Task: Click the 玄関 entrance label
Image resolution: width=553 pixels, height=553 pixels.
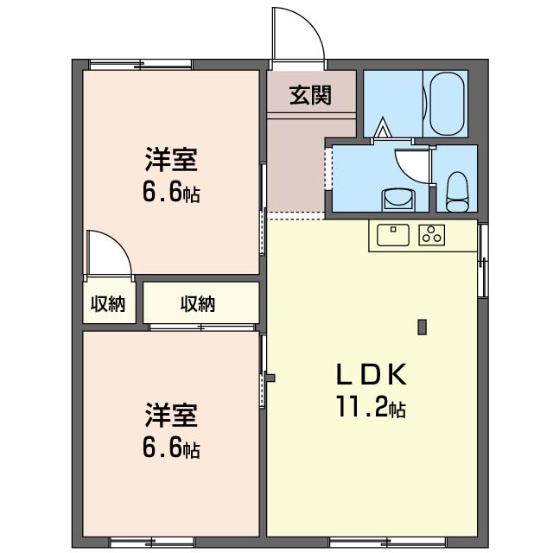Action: (x=310, y=95)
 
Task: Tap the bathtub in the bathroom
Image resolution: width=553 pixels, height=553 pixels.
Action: (x=447, y=104)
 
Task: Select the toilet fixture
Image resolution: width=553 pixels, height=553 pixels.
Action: (x=457, y=192)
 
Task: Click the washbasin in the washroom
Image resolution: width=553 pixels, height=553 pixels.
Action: (x=398, y=200)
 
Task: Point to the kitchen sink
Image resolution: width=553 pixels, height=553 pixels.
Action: (x=393, y=235)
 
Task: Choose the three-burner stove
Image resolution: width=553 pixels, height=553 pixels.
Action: (x=432, y=235)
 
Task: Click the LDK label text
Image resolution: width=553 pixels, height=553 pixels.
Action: (x=372, y=375)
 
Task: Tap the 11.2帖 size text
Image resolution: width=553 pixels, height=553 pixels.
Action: (x=372, y=407)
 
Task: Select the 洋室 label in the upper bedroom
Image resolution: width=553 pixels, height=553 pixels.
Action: (x=171, y=160)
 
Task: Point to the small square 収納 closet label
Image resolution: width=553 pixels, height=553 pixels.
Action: (x=108, y=303)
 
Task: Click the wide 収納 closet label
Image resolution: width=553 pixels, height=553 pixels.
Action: (x=198, y=303)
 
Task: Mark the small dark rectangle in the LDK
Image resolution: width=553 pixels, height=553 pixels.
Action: (x=423, y=327)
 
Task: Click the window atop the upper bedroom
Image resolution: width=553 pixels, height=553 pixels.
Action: (x=141, y=65)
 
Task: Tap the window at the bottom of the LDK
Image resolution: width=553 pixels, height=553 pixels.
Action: (x=387, y=542)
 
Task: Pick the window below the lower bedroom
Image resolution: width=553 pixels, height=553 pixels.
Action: (x=152, y=542)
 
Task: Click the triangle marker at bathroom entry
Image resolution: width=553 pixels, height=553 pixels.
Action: (x=382, y=128)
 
